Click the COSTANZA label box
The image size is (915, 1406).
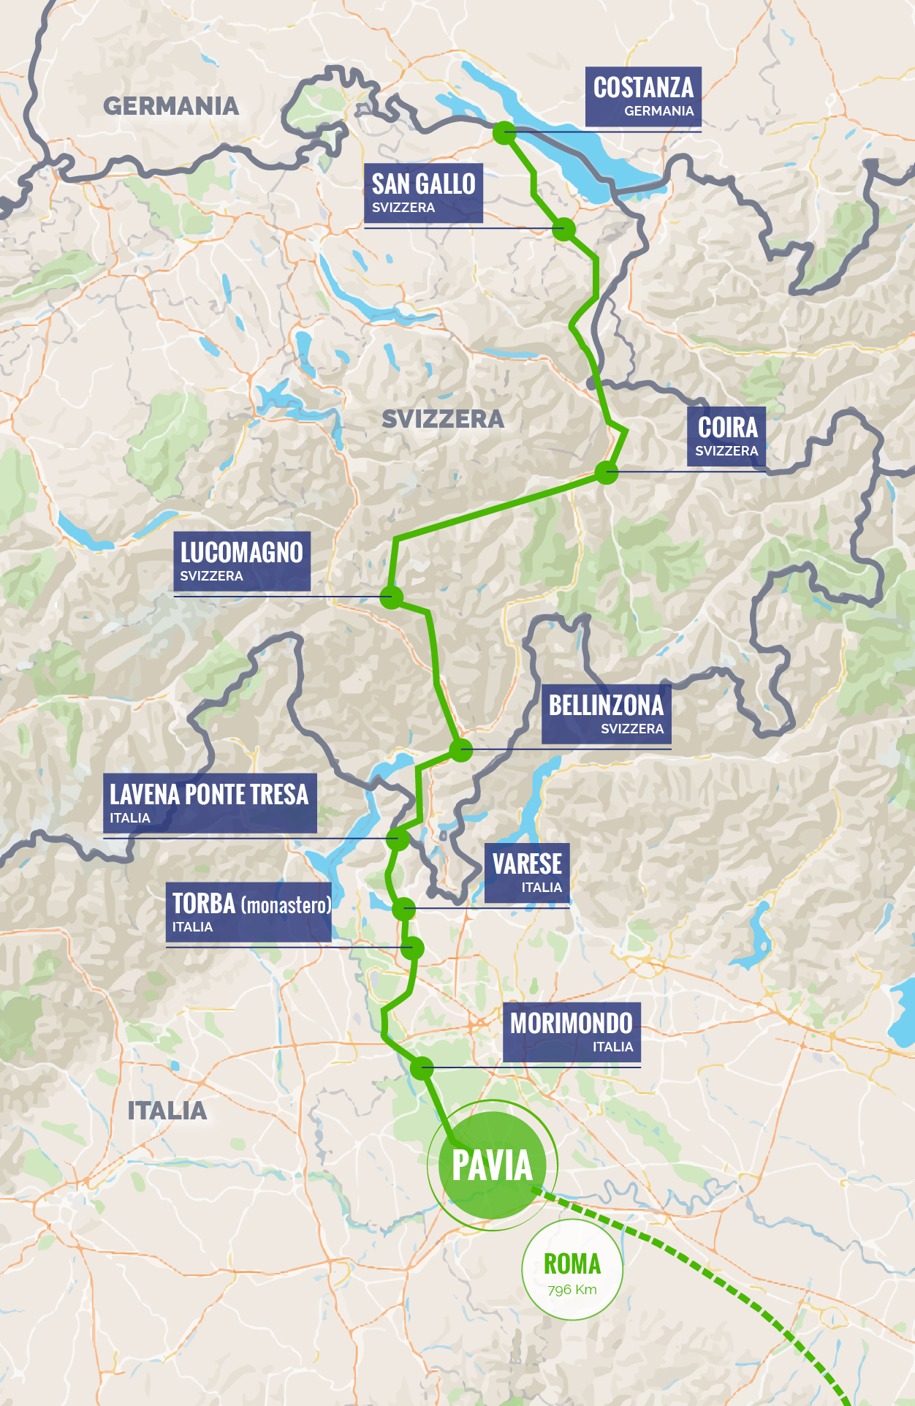pyautogui.click(x=643, y=97)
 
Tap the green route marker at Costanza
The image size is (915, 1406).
pyautogui.click(x=504, y=133)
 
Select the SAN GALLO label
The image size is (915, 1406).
pyautogui.click(x=423, y=192)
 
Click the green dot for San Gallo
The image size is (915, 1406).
pyautogui.click(x=563, y=229)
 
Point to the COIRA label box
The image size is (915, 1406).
pyautogui.click(x=726, y=436)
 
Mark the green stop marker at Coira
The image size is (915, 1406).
pyautogui.click(x=607, y=472)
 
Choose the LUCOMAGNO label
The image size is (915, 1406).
pyautogui.click(x=242, y=561)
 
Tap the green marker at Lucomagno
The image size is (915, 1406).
pyautogui.click(x=392, y=597)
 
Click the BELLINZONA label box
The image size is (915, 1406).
pyautogui.click(x=606, y=714)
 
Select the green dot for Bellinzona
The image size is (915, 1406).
pyautogui.click(x=461, y=749)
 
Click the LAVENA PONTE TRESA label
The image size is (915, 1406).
pyautogui.click(x=210, y=803)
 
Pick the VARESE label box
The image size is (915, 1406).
pyautogui.click(x=527, y=872)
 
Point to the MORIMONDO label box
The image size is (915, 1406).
pyautogui.click(x=572, y=1032)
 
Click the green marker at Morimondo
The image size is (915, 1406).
pyautogui.click(x=422, y=1068)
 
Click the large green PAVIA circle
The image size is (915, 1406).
pyautogui.click(x=492, y=1165)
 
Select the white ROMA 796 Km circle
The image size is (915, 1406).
pyautogui.click(x=572, y=1270)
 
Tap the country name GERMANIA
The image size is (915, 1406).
pyautogui.click(x=171, y=106)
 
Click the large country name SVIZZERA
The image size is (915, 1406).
pyautogui.click(x=443, y=419)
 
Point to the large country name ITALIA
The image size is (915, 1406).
pyautogui.click(x=167, y=1111)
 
